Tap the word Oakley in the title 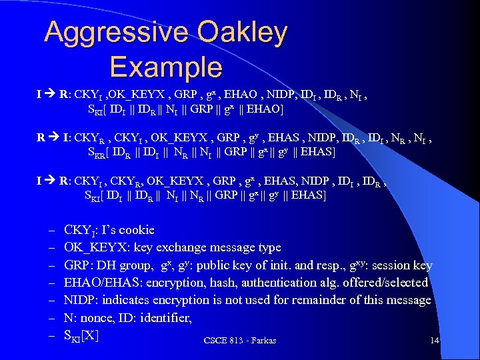tap(241, 31)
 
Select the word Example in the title tap(165, 67)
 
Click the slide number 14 tap(435, 341)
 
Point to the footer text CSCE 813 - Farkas tap(239, 341)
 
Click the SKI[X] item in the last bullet tap(81, 336)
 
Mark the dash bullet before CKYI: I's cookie tap(51, 230)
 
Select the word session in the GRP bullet tap(391, 265)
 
